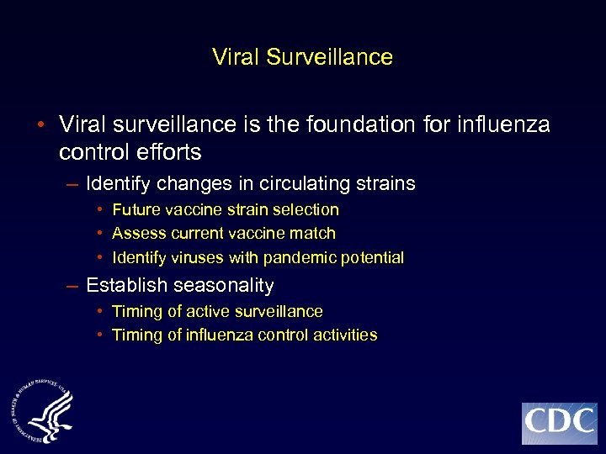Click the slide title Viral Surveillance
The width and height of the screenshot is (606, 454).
[302, 57]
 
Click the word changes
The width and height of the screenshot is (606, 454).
[187, 183]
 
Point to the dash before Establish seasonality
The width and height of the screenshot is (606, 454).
[73, 286]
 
